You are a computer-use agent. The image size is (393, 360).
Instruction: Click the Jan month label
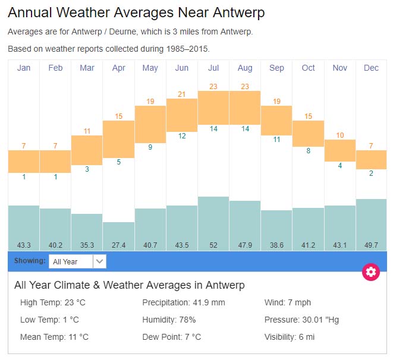pyautogui.click(x=24, y=68)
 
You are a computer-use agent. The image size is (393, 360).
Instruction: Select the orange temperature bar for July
pyautogui.click(x=213, y=108)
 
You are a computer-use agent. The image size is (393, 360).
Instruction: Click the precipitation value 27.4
pyautogui.click(x=118, y=244)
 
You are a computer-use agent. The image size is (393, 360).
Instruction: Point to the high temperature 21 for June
pyautogui.click(x=182, y=94)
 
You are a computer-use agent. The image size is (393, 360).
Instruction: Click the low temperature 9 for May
pyautogui.click(x=150, y=147)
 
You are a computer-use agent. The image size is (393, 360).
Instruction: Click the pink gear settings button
pyautogui.click(x=371, y=272)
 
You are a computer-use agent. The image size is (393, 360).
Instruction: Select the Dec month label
pyautogui.click(x=371, y=68)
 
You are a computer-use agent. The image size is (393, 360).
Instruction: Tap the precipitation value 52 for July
pyautogui.click(x=213, y=244)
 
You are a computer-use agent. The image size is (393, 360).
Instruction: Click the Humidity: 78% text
pyautogui.click(x=169, y=320)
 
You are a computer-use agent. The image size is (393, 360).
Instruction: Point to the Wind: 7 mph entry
pyautogui.click(x=288, y=302)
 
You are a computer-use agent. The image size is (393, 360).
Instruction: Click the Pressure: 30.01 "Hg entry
pyautogui.click(x=301, y=320)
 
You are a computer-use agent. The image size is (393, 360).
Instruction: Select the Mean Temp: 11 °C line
pyautogui.click(x=54, y=337)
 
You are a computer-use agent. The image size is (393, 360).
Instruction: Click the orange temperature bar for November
pyautogui.click(x=340, y=150)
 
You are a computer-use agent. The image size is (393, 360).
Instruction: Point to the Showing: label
pyautogui.click(x=30, y=261)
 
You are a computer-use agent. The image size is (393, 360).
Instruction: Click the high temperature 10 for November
pyautogui.click(x=340, y=135)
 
